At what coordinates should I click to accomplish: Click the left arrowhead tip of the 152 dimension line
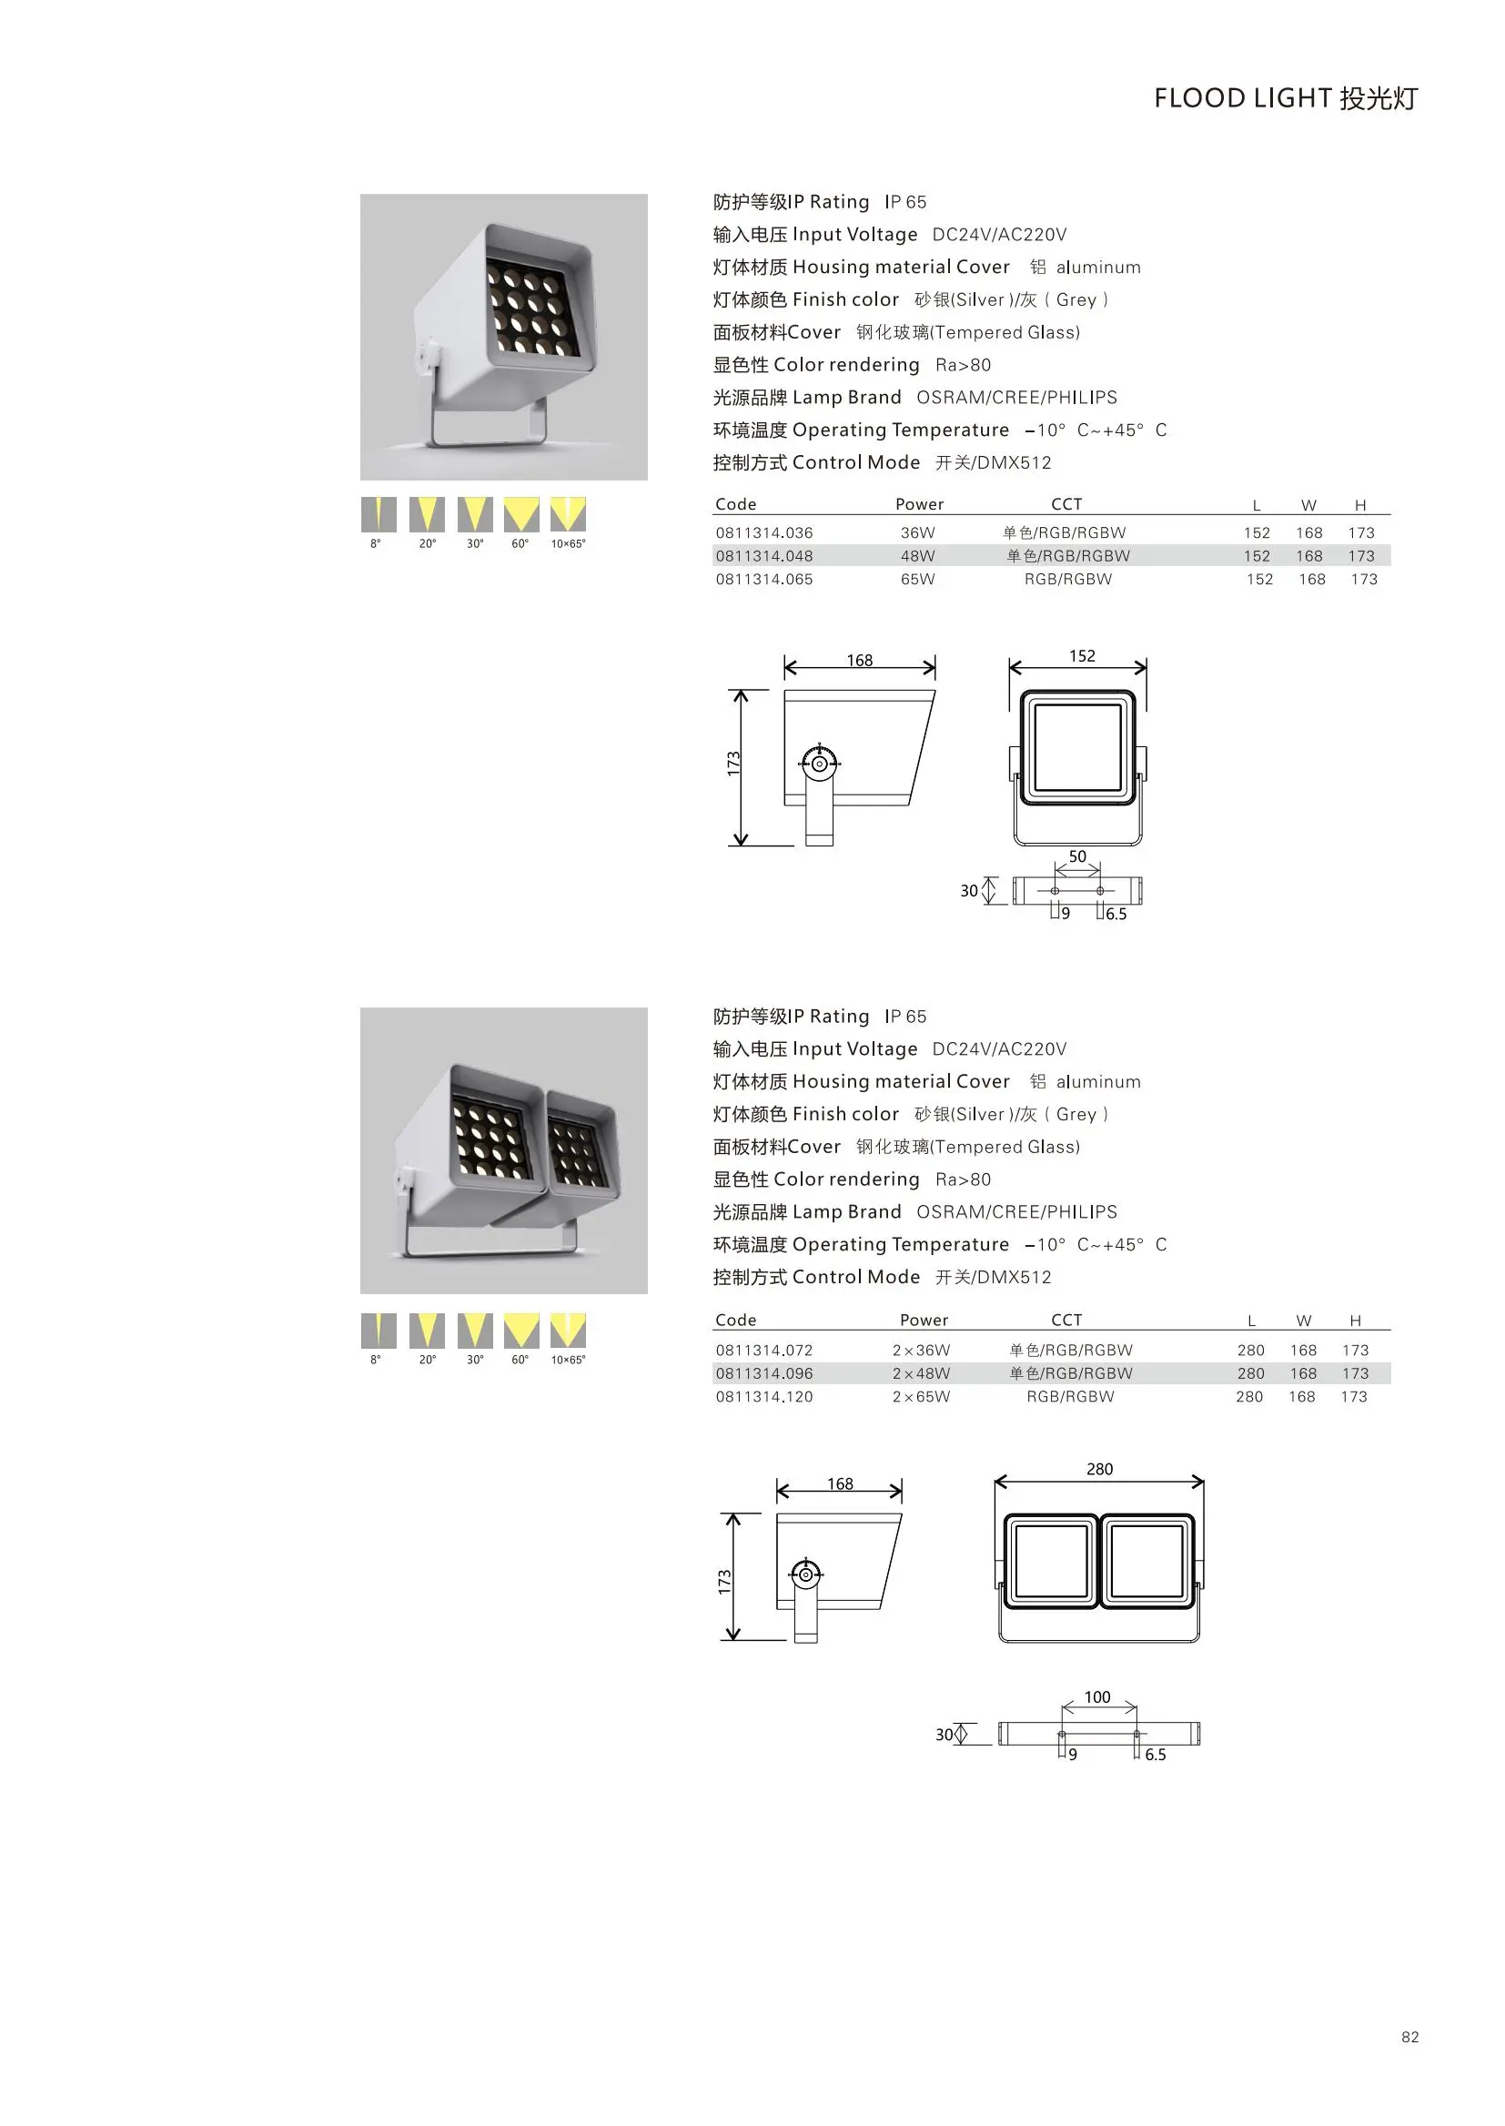pyautogui.click(x=1010, y=667)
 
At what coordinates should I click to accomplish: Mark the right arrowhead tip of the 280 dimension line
pyautogui.click(x=1203, y=1482)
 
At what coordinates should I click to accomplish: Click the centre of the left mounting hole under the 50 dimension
pyautogui.click(x=1055, y=891)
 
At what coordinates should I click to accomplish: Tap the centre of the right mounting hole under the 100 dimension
pyautogui.click(x=1136, y=1733)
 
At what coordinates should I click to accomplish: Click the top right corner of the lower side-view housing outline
pyautogui.click(x=902, y=1514)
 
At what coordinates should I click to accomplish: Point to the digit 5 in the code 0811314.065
pyautogui.click(x=808, y=579)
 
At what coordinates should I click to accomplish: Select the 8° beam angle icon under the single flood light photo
pyautogui.click(x=379, y=514)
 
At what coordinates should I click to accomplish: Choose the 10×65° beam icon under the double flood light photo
pyautogui.click(x=568, y=1330)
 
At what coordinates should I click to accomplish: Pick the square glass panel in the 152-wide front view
pyautogui.click(x=1077, y=747)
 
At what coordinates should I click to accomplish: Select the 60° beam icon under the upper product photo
pyautogui.click(x=520, y=514)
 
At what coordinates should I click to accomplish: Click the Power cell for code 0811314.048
pyautogui.click(x=917, y=556)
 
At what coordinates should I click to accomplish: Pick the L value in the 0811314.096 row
pyautogui.click(x=1250, y=1373)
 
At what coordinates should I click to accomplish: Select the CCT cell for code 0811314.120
pyautogui.click(x=1070, y=1397)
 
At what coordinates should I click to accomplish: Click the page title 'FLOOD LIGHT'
pyautogui.click(x=1243, y=98)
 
